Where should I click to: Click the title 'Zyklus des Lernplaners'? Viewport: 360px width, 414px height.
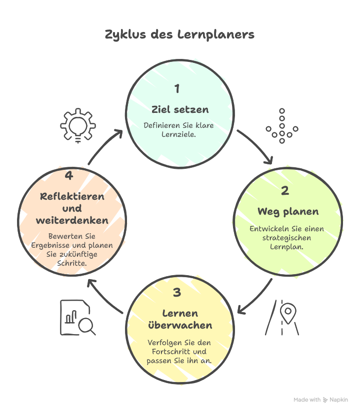coord(179,34)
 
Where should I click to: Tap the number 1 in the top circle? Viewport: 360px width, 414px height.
coord(176,89)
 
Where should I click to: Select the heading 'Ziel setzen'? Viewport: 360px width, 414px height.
coord(180,109)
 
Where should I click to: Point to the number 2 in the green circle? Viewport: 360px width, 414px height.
coord(284,191)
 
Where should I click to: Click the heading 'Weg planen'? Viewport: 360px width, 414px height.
coord(288,211)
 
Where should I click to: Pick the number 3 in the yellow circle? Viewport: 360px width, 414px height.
coord(177,293)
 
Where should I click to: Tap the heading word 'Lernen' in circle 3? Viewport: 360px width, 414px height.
coord(180,313)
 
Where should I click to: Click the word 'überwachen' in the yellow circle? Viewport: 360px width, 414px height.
coord(180,325)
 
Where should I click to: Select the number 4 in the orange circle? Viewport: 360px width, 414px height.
coord(69,176)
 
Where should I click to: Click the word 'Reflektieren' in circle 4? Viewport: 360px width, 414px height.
coord(72,196)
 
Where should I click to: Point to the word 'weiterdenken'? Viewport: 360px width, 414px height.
coord(72,220)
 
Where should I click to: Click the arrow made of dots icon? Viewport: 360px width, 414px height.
coord(281,126)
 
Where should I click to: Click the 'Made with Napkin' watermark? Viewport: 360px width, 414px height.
coord(320,400)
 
